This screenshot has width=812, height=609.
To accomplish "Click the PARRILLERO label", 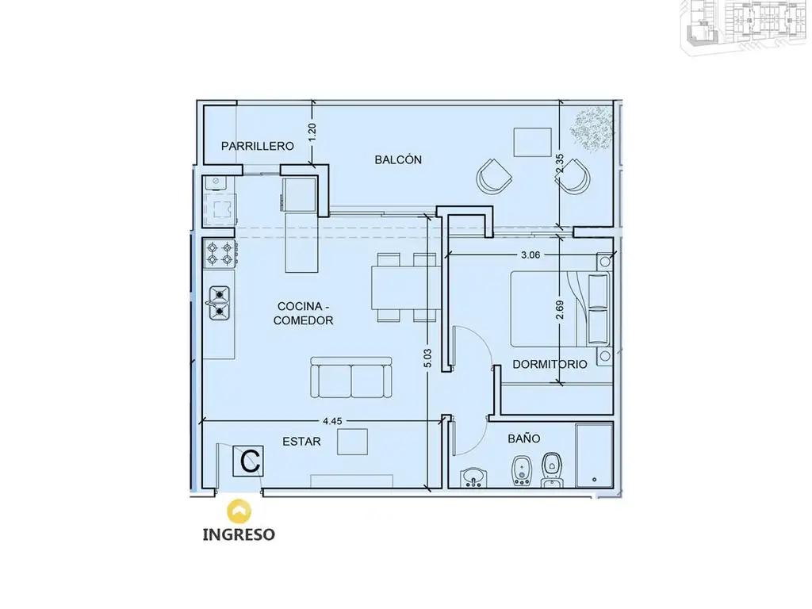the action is pos(258,146).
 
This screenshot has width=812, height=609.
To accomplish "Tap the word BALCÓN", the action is pos(398,159).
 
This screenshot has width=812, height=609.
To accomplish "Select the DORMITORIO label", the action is pos(550,364).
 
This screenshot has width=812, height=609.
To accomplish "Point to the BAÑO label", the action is pos(524,438).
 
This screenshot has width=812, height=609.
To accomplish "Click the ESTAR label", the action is pos(301,441).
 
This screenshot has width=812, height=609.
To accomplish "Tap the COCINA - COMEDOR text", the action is pos(304,313).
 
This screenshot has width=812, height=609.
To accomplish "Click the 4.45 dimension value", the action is pos(332,421).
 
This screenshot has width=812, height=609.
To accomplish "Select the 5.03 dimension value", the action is pos(427,359).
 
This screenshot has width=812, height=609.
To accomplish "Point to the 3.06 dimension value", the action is pos(530,255).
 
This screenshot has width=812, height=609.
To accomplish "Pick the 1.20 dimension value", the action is pos(312,132).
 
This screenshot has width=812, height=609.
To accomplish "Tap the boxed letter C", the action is pos(248,461).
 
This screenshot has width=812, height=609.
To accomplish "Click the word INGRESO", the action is pos(239,534).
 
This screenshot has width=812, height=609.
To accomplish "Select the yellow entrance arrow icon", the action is pos(239,511).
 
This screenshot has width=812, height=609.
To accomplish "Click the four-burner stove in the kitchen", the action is pos(220,253).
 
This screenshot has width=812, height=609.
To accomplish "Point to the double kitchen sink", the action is pos(220,302).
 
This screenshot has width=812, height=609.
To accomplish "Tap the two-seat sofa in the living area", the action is pos(351,377).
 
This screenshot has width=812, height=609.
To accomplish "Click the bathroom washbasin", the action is pos(473,477).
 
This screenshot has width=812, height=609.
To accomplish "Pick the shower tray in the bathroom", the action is pos(595,455).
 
